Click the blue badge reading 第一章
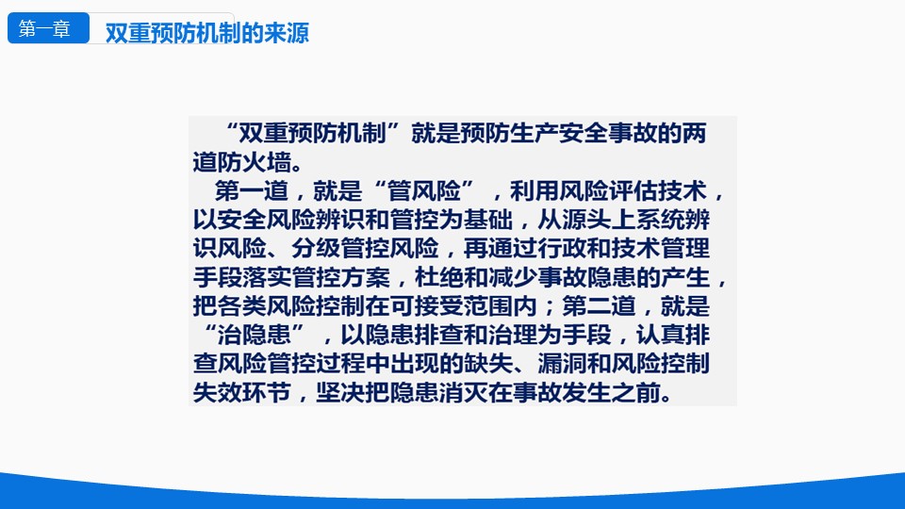[x=48, y=28]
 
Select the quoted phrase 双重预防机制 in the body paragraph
[x=312, y=133]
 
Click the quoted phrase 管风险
[x=424, y=191]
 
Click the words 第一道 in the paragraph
[x=252, y=191]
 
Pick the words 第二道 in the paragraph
[x=600, y=305]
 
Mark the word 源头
[x=586, y=220]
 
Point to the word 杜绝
[x=439, y=277]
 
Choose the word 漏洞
[x=562, y=364]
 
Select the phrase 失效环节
[x=242, y=392]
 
